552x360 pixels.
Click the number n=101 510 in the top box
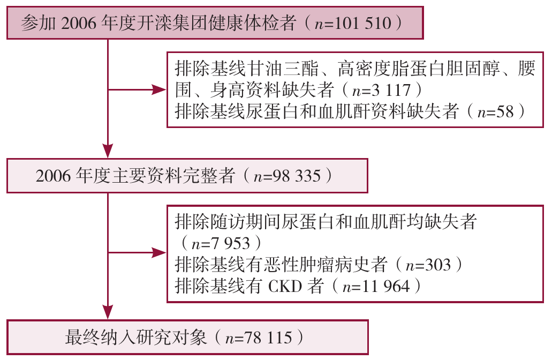point(353,23)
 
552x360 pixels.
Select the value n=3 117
point(381,90)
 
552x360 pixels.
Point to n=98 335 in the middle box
point(287,176)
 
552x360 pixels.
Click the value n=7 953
point(221,243)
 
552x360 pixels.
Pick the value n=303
point(428,265)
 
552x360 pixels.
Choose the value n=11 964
point(376,286)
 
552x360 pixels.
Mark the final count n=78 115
point(259,338)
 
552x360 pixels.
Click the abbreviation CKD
point(285,286)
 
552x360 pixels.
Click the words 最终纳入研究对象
point(135,338)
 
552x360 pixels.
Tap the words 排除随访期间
point(228,222)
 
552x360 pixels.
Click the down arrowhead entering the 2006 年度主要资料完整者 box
point(108,151)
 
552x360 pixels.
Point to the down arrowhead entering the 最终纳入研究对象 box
point(108,312)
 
